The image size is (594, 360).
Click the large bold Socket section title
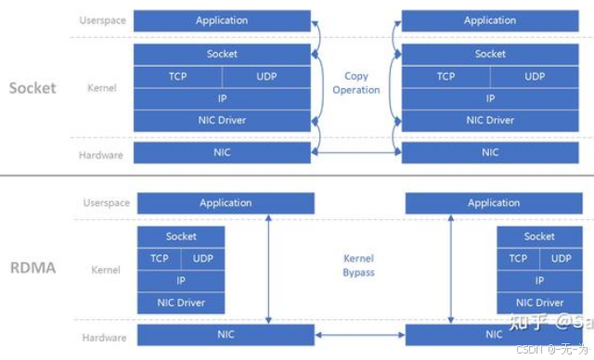point(32,88)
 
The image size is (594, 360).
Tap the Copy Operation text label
point(356,84)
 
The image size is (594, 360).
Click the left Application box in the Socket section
point(222,20)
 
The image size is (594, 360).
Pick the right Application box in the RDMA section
point(494,202)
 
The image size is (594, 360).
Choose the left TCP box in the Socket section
point(178,76)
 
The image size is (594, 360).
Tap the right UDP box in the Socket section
point(535,76)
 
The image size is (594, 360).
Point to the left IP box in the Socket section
point(222,97)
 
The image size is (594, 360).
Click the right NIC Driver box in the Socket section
point(490,120)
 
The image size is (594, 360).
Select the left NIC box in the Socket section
point(222,152)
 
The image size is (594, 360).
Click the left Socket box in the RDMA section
point(181,237)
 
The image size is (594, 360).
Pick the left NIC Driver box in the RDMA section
point(181,302)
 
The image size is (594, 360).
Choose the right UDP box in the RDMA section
point(560,259)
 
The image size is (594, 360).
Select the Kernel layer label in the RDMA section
point(106,270)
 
